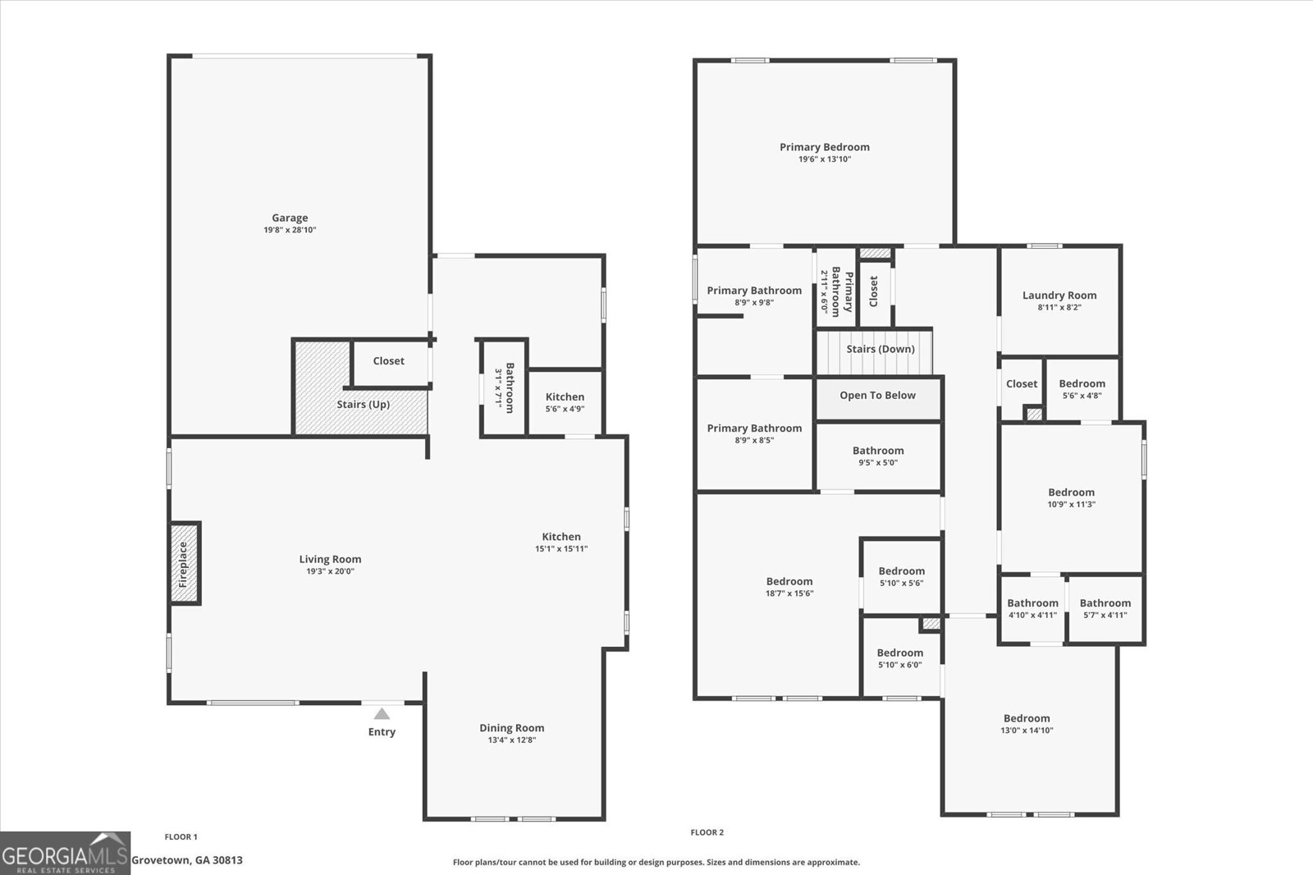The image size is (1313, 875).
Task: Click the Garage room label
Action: [290, 218]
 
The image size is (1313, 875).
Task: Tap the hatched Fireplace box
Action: [185, 564]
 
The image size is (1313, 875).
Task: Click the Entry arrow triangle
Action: [382, 714]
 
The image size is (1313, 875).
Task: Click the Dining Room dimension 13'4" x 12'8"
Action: [511, 740]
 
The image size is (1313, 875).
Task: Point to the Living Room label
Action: [330, 560]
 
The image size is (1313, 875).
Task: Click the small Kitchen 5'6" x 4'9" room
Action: [565, 402]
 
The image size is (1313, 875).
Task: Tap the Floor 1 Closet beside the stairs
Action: [389, 361]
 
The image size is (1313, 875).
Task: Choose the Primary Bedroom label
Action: [824, 147]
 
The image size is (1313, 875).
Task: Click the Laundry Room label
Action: [1059, 295]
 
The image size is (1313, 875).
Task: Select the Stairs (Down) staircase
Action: [875, 350]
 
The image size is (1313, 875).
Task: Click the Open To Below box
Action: [877, 396]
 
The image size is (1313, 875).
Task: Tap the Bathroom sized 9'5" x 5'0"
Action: [878, 456]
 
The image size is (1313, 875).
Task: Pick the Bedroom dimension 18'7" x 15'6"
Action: [789, 593]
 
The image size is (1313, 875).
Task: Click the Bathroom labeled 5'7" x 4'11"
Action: [1105, 608]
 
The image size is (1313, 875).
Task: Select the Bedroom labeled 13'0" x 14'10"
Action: [1027, 723]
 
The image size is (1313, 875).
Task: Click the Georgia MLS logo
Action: [65, 853]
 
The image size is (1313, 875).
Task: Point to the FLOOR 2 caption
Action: [707, 832]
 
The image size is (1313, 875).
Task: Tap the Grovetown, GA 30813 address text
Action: [187, 860]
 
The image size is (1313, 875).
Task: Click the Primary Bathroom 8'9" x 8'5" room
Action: [754, 433]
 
